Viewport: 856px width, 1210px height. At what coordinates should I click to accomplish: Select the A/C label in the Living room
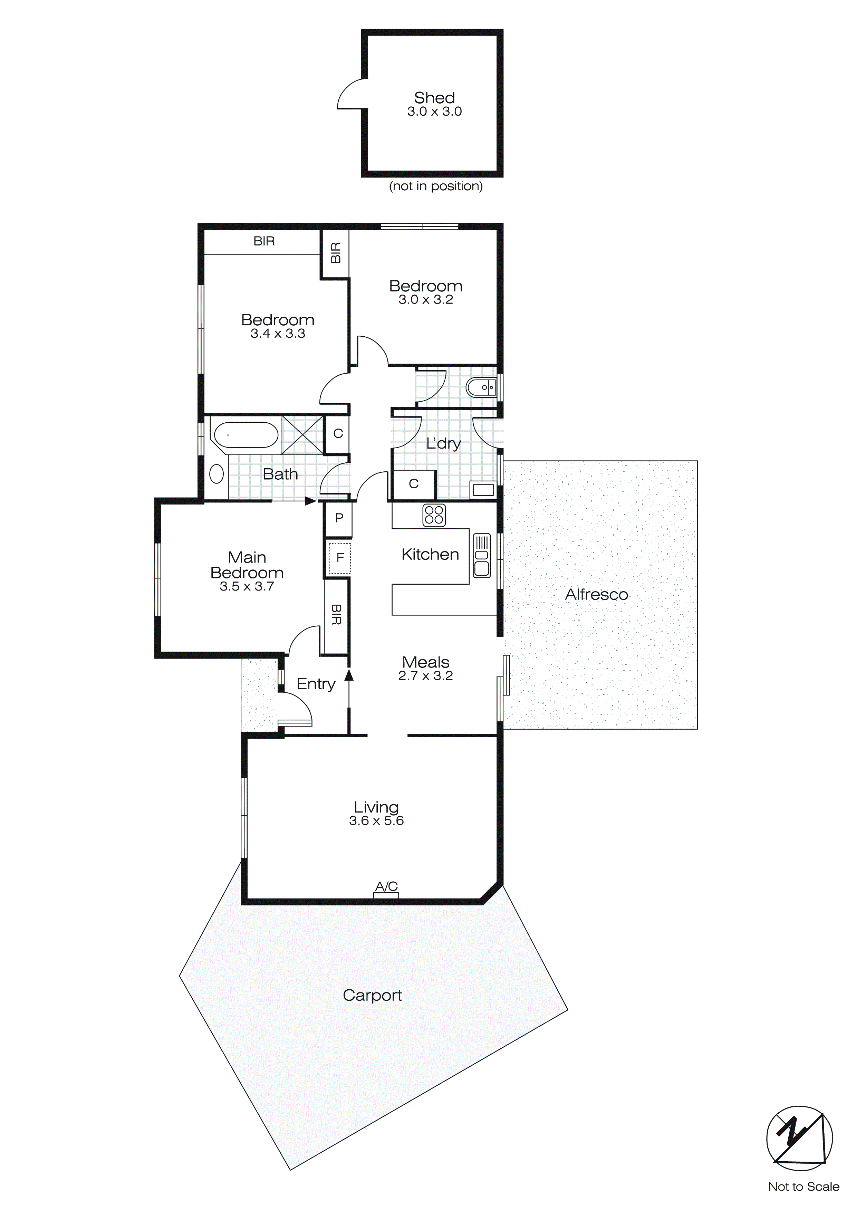386,886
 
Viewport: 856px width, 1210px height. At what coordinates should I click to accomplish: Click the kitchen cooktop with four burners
434,515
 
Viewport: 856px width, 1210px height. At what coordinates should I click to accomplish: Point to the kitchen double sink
482,556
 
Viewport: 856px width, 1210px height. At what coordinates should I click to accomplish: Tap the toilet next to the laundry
481,387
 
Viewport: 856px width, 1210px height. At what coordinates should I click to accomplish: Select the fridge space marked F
339,558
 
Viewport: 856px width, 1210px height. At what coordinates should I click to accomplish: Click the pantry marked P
339,518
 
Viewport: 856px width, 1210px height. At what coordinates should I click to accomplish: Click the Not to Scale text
803,1187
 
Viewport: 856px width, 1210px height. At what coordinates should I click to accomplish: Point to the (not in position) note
435,186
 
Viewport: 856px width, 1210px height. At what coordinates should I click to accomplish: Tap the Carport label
372,995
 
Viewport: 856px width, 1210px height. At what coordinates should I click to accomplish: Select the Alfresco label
596,594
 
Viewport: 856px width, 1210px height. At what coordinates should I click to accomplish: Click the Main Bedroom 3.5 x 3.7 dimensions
247,586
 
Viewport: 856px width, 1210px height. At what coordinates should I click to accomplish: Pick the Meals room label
425,662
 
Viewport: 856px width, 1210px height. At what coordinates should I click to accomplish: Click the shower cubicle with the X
302,435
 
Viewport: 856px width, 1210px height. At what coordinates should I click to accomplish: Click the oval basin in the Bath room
216,473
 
